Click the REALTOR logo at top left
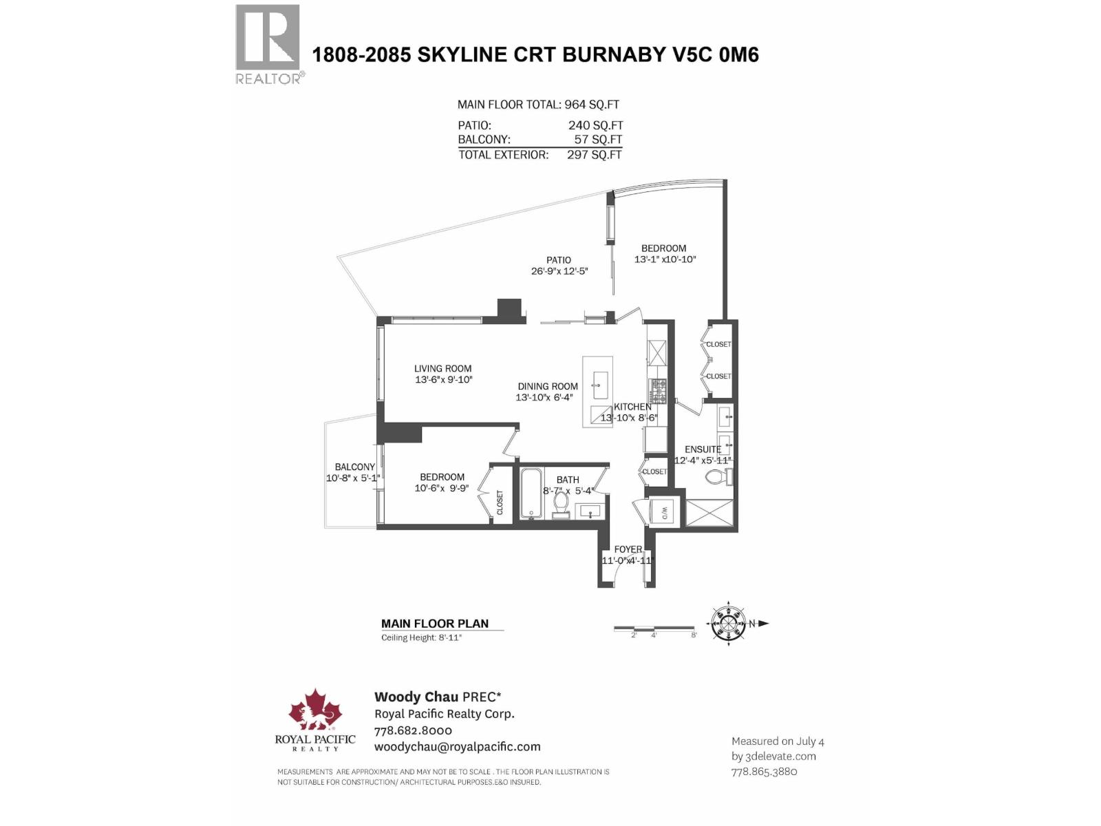coord(268,43)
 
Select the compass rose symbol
coord(728,624)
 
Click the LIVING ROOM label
coord(442,369)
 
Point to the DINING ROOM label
coord(548,387)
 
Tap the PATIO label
coord(559,260)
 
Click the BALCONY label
coord(355,467)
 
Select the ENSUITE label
coord(703,449)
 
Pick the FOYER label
coord(628,549)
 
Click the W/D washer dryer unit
coord(663,513)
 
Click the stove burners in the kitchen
coord(659,391)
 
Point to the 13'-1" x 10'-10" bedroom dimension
coord(665,260)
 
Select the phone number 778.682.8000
coord(413,730)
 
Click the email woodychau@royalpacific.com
coord(457,747)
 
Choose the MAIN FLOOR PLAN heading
coord(435,624)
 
